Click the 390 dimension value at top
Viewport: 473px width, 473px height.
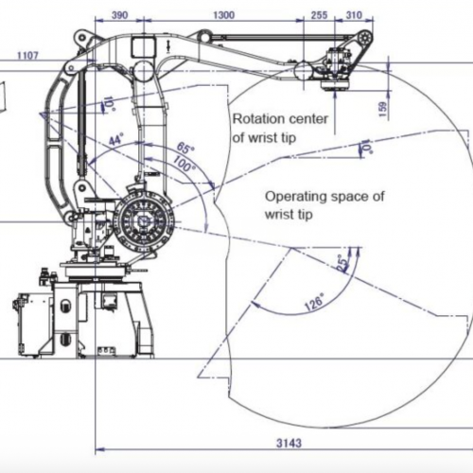[120, 15]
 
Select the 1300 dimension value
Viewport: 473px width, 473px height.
[224, 15]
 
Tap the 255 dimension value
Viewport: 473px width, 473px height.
[319, 15]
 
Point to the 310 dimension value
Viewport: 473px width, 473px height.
[354, 15]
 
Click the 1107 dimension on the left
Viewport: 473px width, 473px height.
[27, 56]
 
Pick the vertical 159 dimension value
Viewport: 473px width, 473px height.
[382, 109]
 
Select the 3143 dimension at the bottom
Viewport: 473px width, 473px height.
[289, 443]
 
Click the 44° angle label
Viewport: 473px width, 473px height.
[116, 139]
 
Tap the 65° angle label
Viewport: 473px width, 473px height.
[185, 148]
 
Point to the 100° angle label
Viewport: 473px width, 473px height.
[184, 164]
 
